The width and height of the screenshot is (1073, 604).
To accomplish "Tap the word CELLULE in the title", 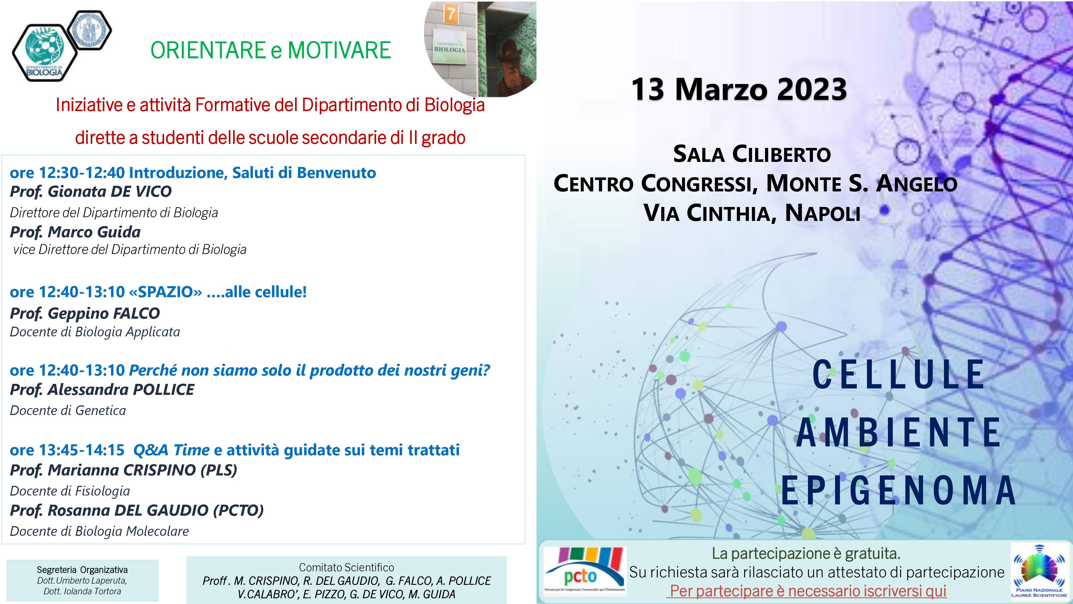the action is [x=898, y=374].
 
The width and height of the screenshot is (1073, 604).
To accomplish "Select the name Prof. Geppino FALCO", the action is [x=85, y=313].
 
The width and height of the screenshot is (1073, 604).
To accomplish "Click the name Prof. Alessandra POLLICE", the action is [x=102, y=390].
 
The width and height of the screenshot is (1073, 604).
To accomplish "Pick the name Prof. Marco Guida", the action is [x=75, y=232].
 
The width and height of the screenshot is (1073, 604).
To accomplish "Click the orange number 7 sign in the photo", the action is [x=450, y=14].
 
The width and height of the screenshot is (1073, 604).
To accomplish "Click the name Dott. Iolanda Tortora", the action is [x=82, y=591].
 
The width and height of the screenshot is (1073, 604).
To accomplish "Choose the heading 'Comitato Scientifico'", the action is [x=347, y=567].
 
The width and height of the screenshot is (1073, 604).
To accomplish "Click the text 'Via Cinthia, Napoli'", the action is [x=752, y=213].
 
